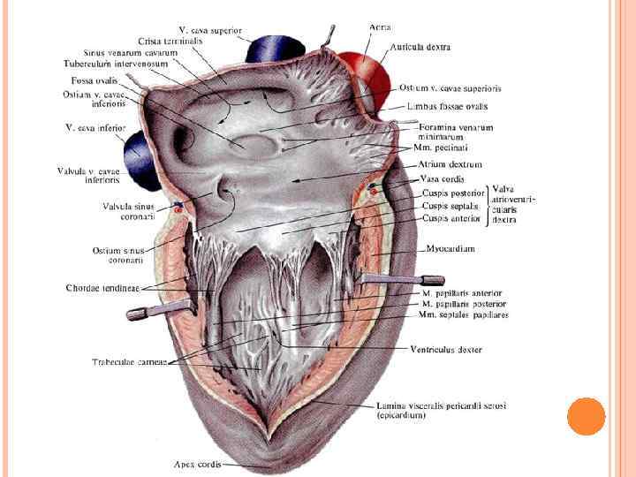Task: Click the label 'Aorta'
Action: [x=381, y=27]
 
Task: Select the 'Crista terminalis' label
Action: [x=170, y=41]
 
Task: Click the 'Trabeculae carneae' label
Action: [x=129, y=362]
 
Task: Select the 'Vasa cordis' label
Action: [x=442, y=178]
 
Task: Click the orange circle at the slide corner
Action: [x=586, y=416]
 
